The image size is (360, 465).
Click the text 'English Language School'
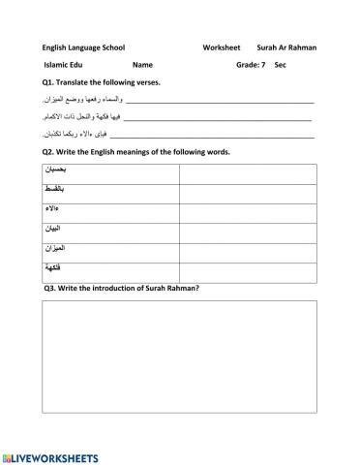[x=83, y=46]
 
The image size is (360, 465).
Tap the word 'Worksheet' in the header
[x=222, y=46]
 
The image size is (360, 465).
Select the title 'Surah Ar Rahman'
[x=286, y=46]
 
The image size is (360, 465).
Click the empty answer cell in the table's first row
[x=247, y=173]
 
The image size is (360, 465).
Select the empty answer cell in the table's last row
[x=247, y=272]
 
